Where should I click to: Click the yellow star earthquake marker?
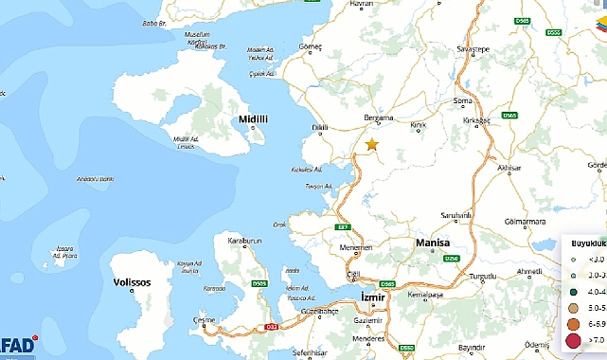(x=371, y=144)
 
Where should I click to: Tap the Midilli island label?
(x=255, y=119)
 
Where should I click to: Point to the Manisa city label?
(x=438, y=243)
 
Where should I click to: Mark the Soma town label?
(x=463, y=100)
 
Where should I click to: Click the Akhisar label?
(x=509, y=168)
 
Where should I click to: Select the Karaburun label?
(x=242, y=241)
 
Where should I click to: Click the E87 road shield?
(x=343, y=228)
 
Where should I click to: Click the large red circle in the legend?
(x=573, y=340)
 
